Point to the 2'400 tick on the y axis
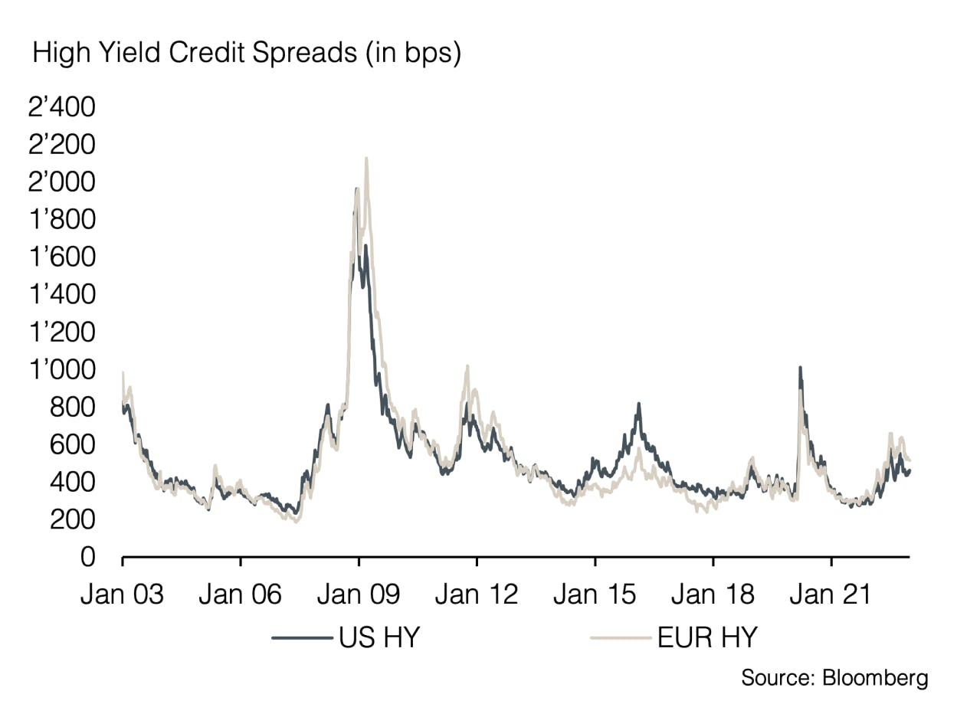(x=62, y=107)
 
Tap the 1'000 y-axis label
(x=62, y=370)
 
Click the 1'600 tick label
(x=62, y=257)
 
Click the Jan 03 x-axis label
(x=122, y=594)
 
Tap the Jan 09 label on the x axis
(x=359, y=594)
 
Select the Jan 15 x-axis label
(x=595, y=594)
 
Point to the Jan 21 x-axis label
(x=831, y=594)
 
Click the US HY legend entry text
(x=379, y=637)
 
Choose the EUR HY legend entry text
(x=706, y=637)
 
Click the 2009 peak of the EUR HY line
(x=366, y=159)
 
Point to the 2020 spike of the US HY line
(x=800, y=368)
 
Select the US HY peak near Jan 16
(x=638, y=404)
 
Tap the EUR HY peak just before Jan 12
(x=467, y=366)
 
